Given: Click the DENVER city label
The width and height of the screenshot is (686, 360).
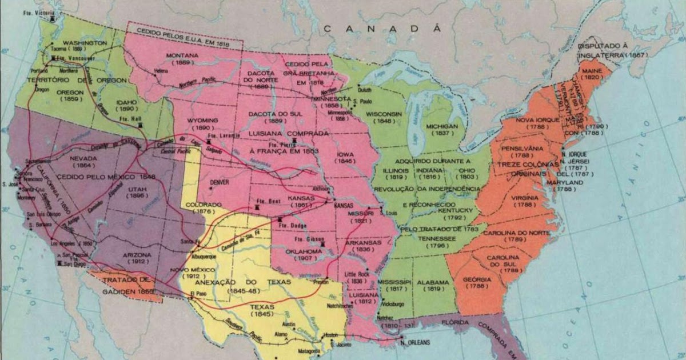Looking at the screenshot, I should [220, 182].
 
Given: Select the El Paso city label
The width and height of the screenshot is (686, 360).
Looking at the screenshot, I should [197, 294].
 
